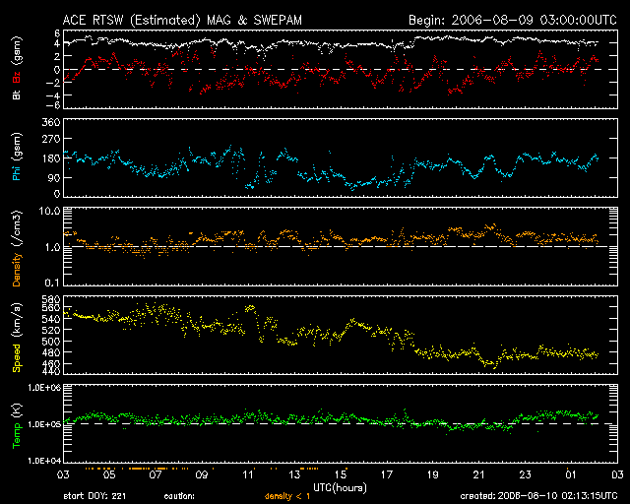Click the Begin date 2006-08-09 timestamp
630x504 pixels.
[512, 19]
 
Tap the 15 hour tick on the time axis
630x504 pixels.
[342, 474]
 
